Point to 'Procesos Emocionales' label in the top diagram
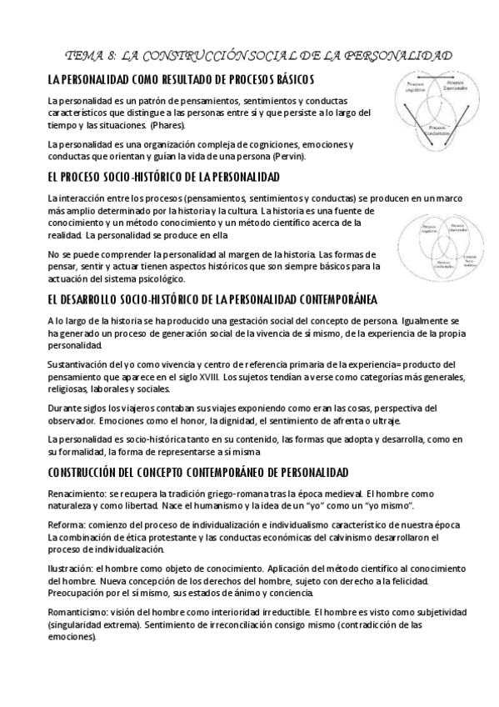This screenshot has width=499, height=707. tap(456, 86)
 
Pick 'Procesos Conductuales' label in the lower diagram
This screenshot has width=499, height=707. tap(441, 265)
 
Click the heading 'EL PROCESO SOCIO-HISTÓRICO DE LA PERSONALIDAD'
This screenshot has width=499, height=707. tap(164, 178)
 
